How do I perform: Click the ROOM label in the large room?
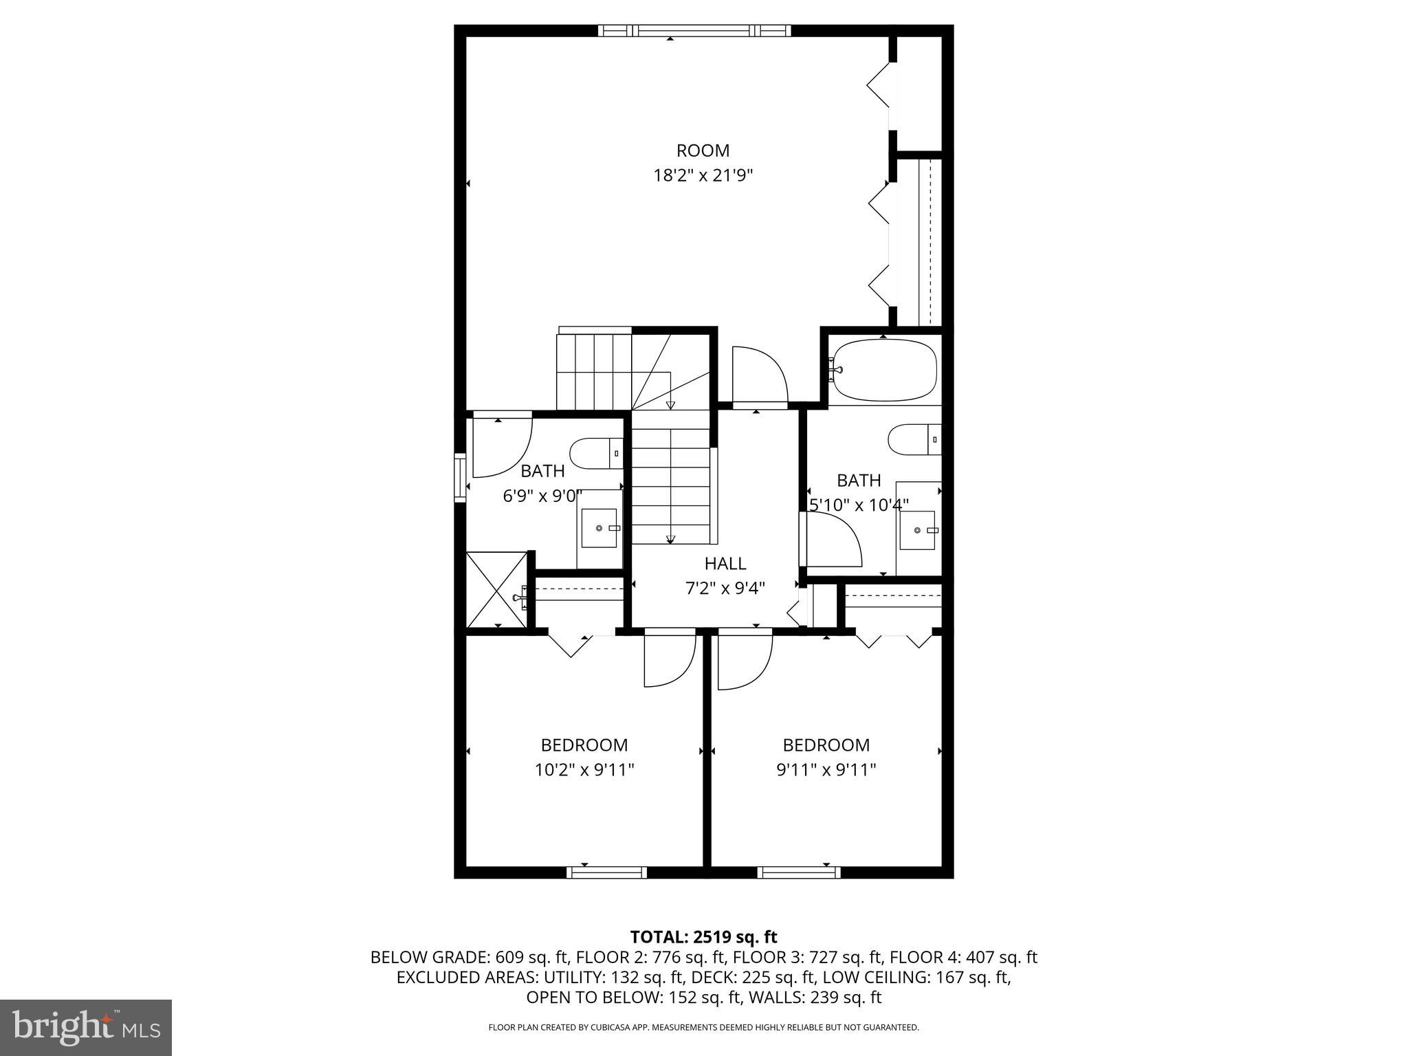(703, 151)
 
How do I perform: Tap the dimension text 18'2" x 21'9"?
(703, 176)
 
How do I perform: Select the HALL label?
(725, 564)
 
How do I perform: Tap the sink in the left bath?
(599, 528)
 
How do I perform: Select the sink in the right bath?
(917, 530)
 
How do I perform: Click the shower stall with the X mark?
(496, 589)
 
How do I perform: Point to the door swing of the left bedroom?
(668, 661)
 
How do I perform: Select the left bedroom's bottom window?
(606, 872)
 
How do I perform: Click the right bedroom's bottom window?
(799, 872)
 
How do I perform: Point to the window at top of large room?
(694, 30)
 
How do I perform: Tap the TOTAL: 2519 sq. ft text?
(703, 937)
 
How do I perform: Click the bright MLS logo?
(86, 1027)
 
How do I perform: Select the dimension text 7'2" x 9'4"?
(725, 588)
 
